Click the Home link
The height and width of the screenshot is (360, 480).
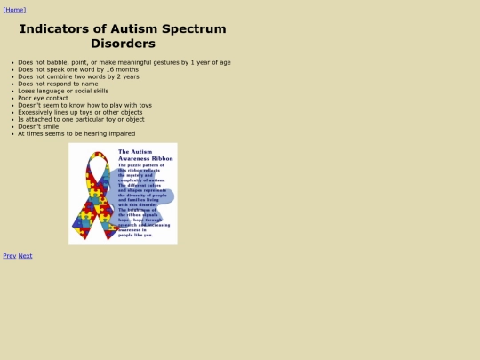(x=14, y=10)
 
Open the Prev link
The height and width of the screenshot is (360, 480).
(x=9, y=255)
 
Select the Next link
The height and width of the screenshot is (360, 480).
(x=25, y=255)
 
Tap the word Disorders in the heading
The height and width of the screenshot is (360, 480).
(x=123, y=43)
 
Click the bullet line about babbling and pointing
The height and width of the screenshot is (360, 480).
(x=124, y=62)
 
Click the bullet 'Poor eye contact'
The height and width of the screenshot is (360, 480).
(x=43, y=98)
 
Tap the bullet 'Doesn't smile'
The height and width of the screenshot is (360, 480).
(x=38, y=126)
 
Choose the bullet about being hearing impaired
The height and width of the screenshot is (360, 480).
(x=76, y=133)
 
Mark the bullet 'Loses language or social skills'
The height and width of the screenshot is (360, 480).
(x=63, y=91)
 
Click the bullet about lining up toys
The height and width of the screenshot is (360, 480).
(x=80, y=112)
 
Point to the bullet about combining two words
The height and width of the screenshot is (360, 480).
(x=78, y=76)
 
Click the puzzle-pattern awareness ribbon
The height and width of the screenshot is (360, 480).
(x=92, y=196)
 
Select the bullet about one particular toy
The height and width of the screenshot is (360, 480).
(x=81, y=119)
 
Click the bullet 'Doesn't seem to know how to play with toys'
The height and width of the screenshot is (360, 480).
(x=84, y=105)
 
